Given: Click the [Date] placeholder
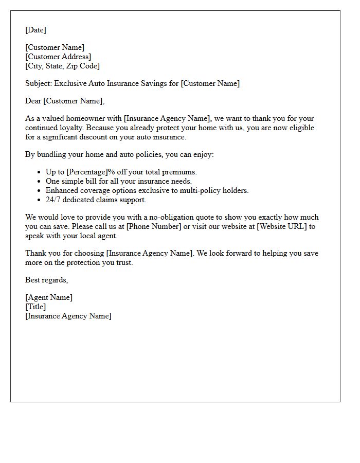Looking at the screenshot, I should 35,30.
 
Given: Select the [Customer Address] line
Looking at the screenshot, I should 58,57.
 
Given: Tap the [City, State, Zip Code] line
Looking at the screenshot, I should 62,66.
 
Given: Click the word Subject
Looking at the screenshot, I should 39,83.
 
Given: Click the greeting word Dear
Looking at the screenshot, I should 33,101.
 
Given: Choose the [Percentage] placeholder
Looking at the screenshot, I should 87,172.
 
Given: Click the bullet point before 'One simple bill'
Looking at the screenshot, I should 40,181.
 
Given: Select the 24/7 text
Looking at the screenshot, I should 53,200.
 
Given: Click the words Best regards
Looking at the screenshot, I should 46,280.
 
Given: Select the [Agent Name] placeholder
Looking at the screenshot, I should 49,297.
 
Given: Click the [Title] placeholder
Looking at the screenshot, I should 35,307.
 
